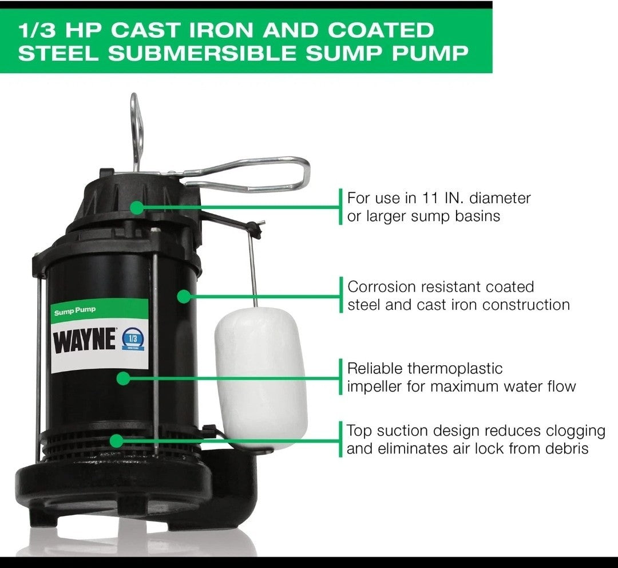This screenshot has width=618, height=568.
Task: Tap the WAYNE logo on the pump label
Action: tap(84, 341)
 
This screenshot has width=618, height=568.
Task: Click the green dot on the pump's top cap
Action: tap(137, 207)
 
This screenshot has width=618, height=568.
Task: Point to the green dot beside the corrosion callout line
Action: tap(183, 296)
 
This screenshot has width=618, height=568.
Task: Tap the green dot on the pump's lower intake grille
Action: tap(117, 440)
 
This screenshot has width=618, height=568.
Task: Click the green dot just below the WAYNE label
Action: tap(122, 378)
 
